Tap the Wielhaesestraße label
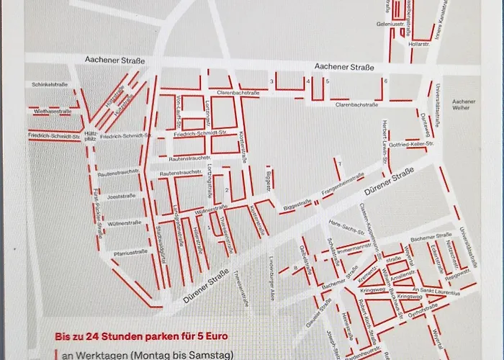(x=51, y=112)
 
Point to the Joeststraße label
(x=120, y=196)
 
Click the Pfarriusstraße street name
(x=128, y=252)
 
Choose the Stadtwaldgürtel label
(x=160, y=240)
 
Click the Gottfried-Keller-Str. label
(x=414, y=145)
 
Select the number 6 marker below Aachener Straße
(x=386, y=81)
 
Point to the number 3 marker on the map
(x=271, y=81)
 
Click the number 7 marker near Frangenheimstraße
(x=339, y=164)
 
